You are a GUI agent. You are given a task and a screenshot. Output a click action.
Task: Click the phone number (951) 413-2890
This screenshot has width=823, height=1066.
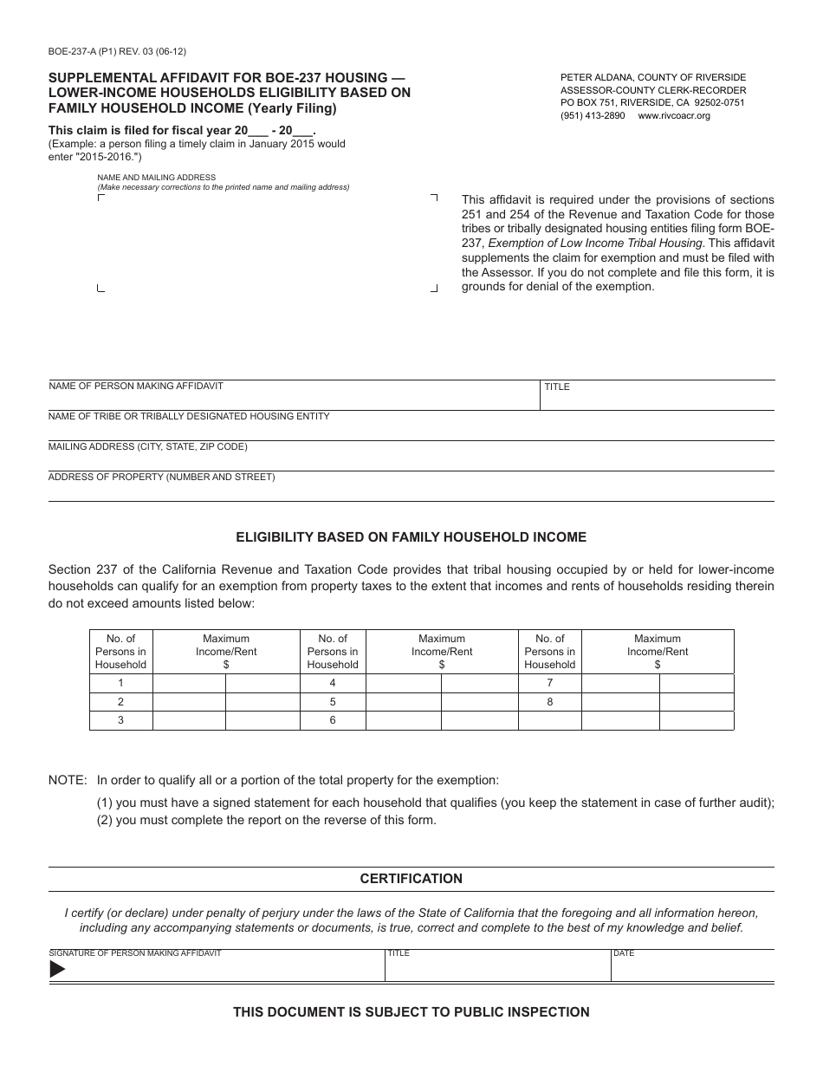pos(593,115)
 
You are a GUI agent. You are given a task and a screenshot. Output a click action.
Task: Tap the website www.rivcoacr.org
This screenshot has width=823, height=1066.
pos(674,115)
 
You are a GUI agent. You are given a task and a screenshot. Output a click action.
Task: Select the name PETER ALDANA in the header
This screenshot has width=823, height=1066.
pos(595,77)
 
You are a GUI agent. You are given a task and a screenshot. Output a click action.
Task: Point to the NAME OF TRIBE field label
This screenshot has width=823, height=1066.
pos(189,416)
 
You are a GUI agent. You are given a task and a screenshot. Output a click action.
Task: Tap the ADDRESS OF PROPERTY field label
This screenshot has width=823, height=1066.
pos(162,477)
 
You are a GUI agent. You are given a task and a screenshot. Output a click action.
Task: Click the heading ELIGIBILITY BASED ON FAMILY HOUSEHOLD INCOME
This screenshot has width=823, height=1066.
pos(411,537)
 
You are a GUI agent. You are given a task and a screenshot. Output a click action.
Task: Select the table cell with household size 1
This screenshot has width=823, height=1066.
pos(120,683)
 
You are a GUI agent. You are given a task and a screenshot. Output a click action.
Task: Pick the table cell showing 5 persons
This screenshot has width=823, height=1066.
pos(333,701)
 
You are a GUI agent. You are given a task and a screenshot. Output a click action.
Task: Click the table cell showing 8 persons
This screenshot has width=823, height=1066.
pos(550,701)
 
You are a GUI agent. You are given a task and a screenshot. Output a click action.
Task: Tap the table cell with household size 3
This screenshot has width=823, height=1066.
pos(120,720)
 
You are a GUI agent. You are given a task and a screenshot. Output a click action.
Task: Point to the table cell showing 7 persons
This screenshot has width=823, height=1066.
pos(550,683)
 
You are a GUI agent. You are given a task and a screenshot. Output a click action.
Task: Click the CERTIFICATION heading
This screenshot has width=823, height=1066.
pos(411,879)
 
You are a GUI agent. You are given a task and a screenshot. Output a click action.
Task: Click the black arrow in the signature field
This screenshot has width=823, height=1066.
pos(57,970)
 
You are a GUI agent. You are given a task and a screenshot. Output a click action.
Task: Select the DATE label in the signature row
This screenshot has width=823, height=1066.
pos(624,953)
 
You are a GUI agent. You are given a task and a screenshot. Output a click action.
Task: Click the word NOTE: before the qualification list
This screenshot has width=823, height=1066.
pos(68,780)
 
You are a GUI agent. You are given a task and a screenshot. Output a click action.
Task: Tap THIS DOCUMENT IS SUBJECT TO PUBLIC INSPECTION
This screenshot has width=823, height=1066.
pos(411,1011)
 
